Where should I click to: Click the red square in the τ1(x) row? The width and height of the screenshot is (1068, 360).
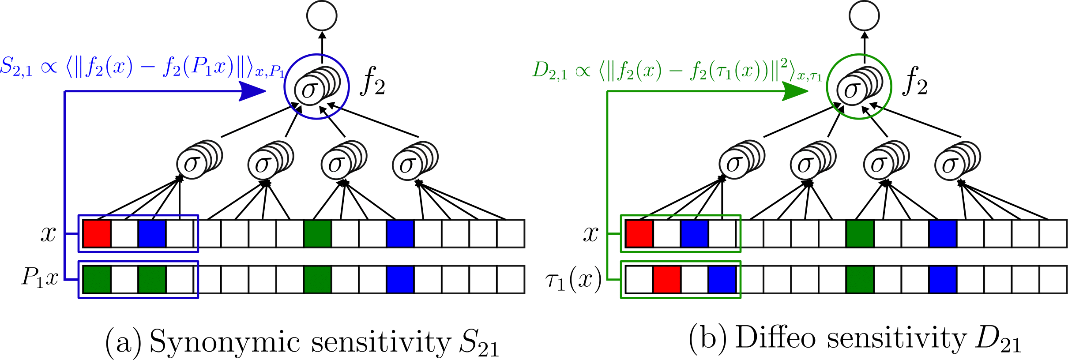(x=666, y=279)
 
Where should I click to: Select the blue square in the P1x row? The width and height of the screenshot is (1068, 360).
(x=400, y=279)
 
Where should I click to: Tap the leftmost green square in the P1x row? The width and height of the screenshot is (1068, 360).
(x=97, y=279)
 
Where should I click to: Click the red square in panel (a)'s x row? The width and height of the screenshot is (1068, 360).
(x=97, y=233)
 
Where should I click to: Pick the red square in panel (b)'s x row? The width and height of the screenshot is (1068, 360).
(x=639, y=233)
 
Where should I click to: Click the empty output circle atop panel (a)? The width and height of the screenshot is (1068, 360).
(x=322, y=16)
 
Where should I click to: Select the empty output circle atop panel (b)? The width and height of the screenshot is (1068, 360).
(x=864, y=16)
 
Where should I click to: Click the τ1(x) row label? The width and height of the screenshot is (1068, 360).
(x=573, y=280)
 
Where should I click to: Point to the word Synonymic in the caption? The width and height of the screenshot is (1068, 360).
(x=225, y=341)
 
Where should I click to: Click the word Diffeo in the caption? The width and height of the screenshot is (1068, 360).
(x=775, y=338)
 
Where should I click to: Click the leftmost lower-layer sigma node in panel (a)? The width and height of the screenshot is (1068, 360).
(x=192, y=164)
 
